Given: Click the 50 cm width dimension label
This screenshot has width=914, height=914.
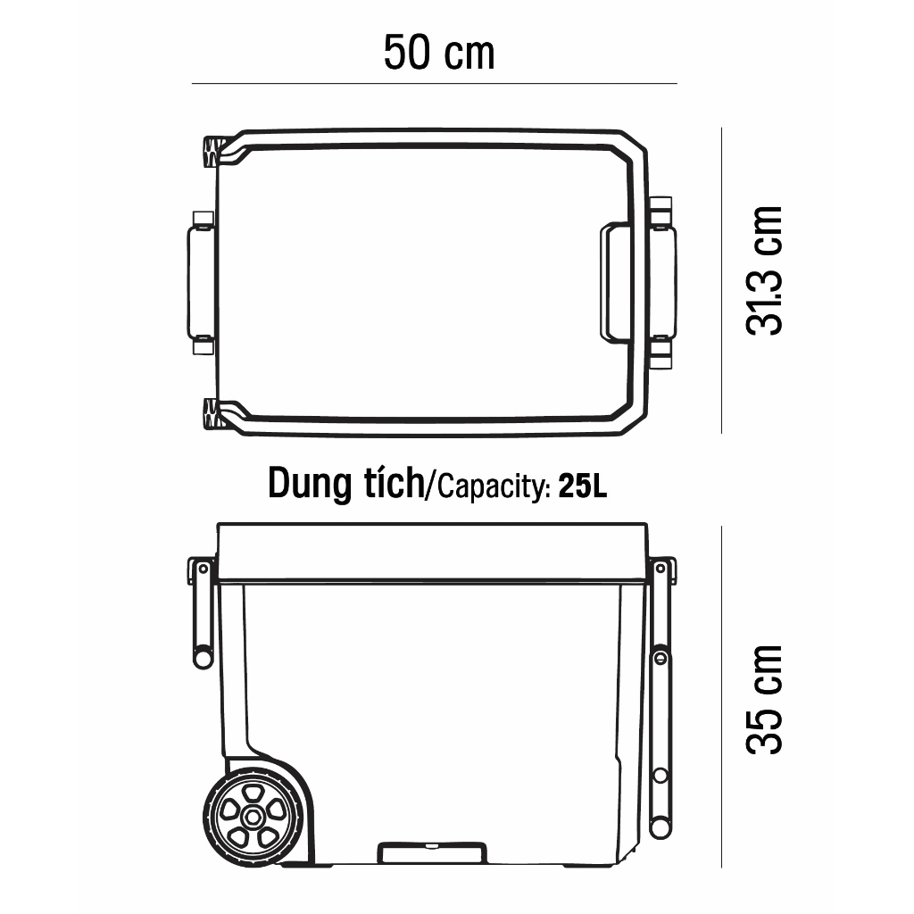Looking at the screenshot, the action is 439,53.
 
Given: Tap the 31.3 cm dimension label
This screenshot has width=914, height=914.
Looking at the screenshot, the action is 764,270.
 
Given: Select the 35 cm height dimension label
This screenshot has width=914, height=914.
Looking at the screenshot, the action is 764,700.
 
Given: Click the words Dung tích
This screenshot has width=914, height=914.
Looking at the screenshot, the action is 346,483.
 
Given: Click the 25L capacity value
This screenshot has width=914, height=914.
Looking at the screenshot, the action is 582,486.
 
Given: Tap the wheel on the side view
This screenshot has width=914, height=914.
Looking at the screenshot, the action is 253,817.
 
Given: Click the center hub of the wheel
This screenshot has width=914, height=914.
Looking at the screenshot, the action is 253,817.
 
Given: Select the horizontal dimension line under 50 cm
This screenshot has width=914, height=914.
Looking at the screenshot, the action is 435,83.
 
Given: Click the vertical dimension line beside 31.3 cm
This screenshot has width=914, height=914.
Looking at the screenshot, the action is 721,280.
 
